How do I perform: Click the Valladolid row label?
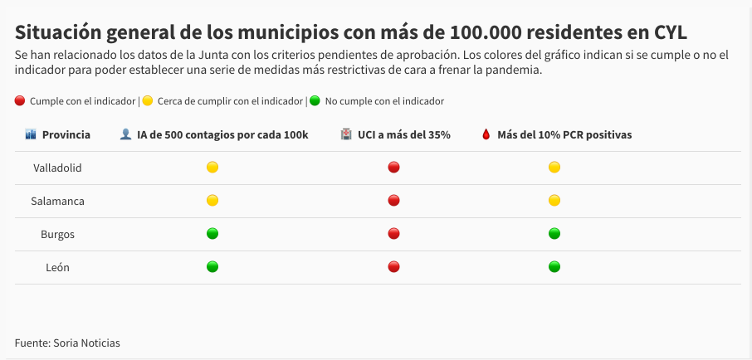57,168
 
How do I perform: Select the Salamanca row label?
57,201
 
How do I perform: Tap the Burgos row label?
57,234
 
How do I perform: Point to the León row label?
57,267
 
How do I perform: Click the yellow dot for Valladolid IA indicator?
212,168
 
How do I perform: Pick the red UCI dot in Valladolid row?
394,168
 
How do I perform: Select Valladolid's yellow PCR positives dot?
554,168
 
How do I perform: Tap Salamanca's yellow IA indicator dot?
212,201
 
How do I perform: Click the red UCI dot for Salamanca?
394,201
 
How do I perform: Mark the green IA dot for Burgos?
212,234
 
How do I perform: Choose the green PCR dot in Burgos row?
554,234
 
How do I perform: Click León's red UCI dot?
394,267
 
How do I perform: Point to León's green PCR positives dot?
554,267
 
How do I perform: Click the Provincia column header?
66,134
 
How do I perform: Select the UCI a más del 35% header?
403,134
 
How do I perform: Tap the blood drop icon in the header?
486,134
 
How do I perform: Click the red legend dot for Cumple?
20,101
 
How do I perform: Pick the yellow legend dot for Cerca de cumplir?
148,101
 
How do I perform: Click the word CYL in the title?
667,32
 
